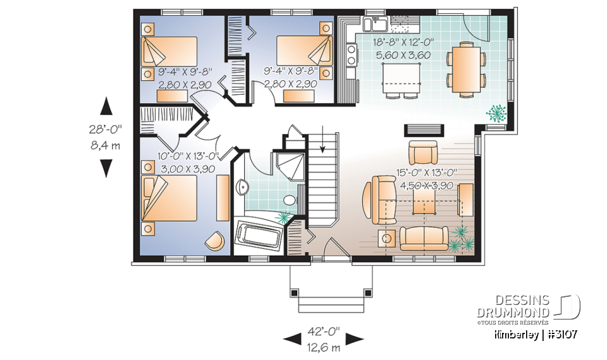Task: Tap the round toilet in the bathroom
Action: coord(290,201)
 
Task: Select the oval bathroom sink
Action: coord(243,187)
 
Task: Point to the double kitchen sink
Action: coord(377,25)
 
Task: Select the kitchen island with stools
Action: coord(402,76)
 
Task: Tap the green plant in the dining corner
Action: coord(497,113)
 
